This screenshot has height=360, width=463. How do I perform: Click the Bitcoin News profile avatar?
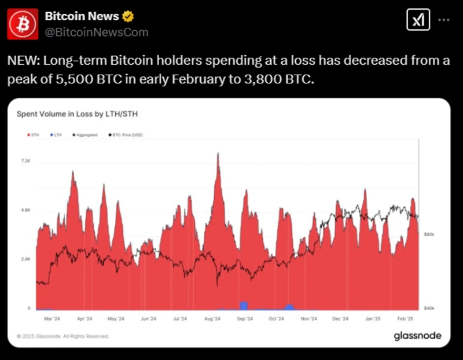pos(23,24)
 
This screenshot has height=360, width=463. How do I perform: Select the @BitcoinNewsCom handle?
pos(96,32)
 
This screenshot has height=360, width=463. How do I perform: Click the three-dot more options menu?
pos(443,20)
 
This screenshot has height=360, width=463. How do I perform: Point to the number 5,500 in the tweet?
pos(75,79)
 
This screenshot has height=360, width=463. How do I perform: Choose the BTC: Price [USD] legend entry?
pos(126,135)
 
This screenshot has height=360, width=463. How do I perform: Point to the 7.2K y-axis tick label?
pos(25,160)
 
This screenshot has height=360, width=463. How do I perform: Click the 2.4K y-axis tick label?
pos(25,259)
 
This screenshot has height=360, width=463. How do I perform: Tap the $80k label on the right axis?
pos(429,234)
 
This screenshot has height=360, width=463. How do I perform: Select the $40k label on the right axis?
pos(429,308)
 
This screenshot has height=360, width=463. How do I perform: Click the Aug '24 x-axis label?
pos(212,318)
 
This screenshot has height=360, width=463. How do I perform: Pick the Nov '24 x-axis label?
pos(309,318)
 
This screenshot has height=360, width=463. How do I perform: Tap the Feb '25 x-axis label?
pos(405,318)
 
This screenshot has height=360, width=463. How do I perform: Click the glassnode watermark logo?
pos(417,336)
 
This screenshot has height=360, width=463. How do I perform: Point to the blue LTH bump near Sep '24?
pos(244,306)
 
